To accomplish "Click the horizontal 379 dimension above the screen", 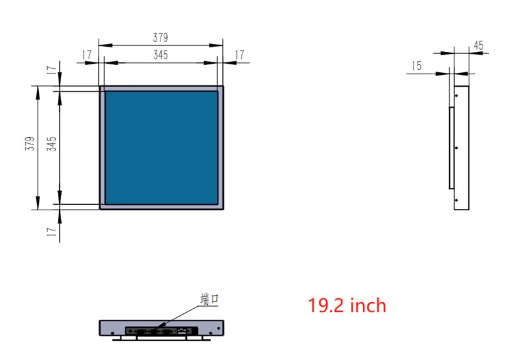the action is (160, 37).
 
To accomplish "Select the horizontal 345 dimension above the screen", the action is (160, 55).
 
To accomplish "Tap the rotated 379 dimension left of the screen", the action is (30, 143).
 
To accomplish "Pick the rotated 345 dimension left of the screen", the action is (52, 144).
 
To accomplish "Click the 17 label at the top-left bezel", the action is (87, 55).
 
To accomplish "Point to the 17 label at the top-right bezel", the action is (239, 55).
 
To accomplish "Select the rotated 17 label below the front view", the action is (51, 232).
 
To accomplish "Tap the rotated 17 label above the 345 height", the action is (51, 70).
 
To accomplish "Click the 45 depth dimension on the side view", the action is (479, 45).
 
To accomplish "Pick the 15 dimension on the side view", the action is (416, 66).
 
